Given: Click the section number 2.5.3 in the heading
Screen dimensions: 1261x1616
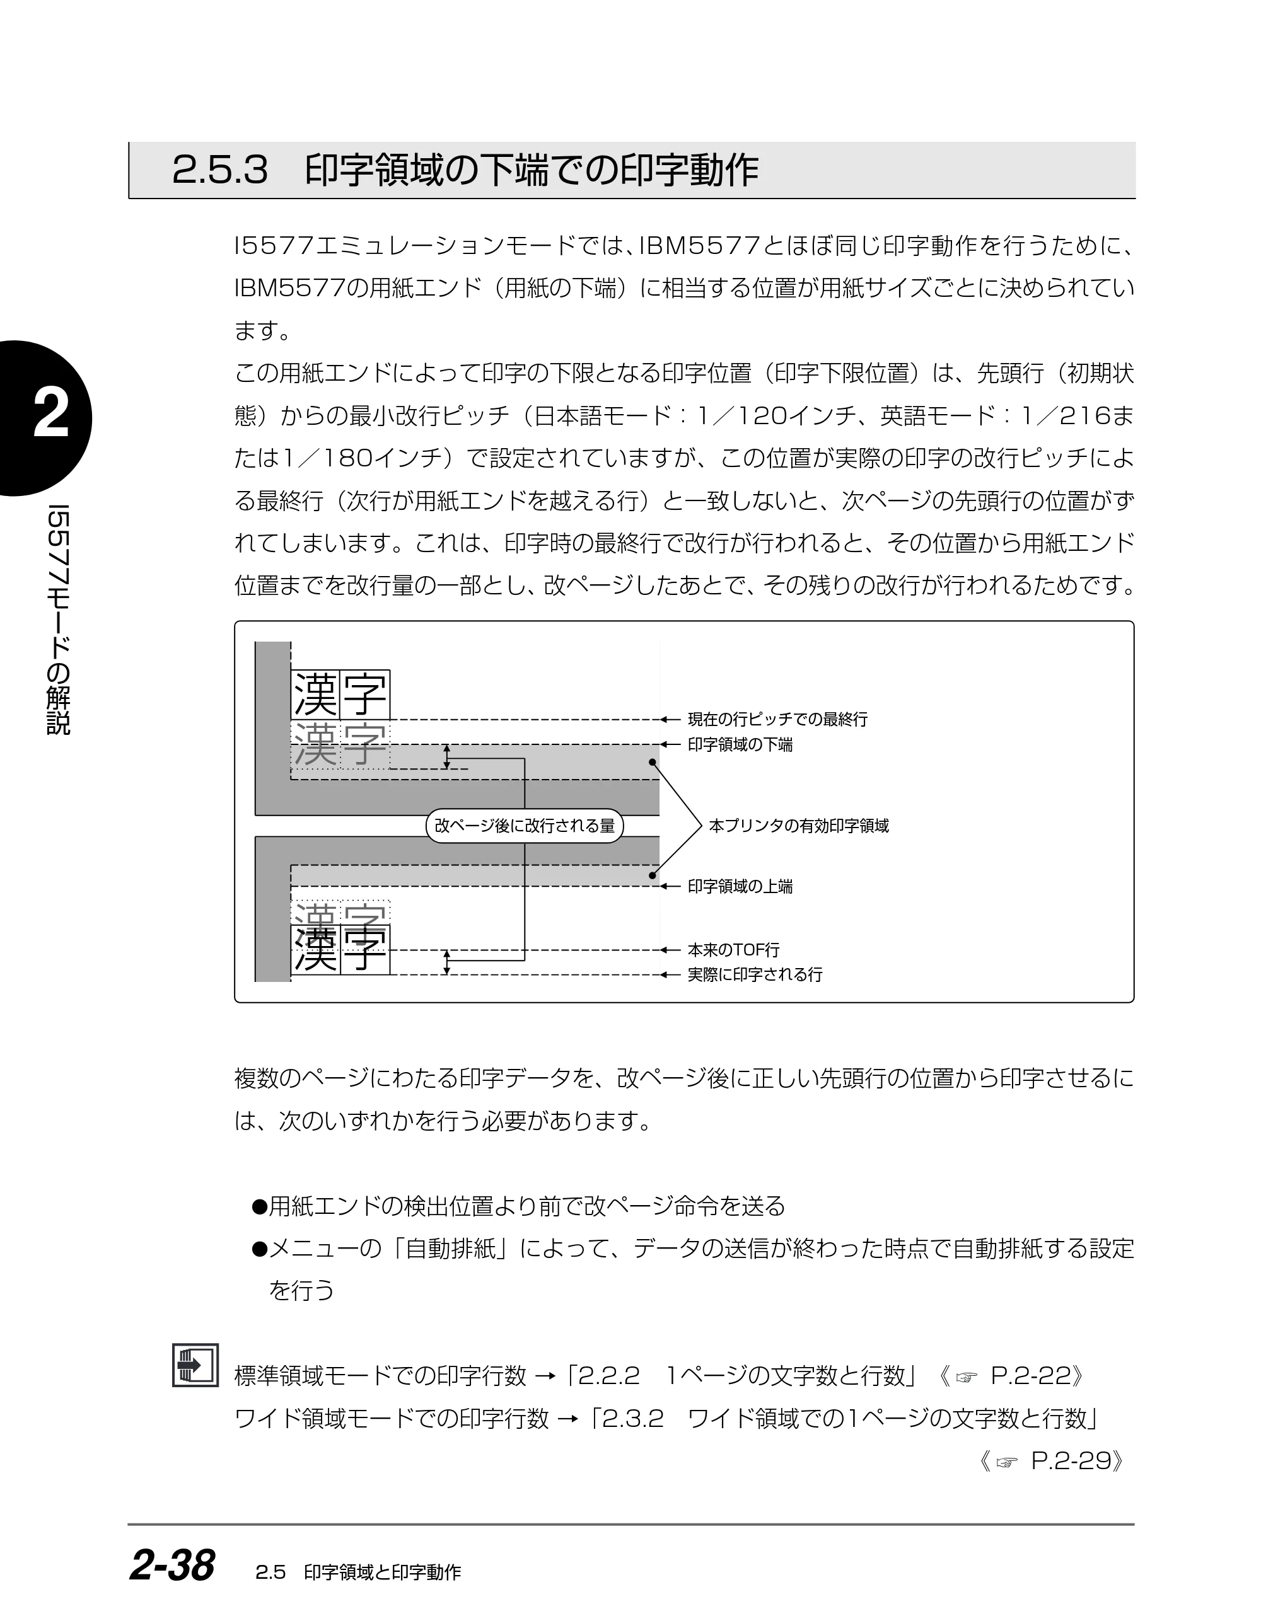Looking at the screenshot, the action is (220, 170).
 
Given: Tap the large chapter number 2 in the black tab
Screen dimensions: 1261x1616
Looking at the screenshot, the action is (50, 414).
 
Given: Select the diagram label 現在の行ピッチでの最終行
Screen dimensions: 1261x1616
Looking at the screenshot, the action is (778, 719).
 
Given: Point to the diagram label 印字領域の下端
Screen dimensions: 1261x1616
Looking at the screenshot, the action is (740, 744).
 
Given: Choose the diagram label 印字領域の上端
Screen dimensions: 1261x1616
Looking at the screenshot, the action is (740, 886).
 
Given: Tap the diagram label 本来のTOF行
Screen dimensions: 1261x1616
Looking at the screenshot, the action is (733, 950).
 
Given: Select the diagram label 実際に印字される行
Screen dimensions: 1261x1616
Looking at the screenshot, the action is (755, 974).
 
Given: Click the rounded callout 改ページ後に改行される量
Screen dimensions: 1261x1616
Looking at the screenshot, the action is (525, 826).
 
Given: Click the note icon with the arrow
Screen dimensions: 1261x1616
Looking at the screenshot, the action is (195, 1365).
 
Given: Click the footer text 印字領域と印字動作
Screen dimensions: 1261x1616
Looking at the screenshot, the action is (383, 1573).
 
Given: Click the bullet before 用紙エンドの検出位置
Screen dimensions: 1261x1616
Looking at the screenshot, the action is (259, 1207).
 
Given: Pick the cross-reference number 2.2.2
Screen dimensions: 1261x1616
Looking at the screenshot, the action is (608, 1376).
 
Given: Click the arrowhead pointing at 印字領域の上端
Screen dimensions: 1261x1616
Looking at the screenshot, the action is (665, 886).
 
